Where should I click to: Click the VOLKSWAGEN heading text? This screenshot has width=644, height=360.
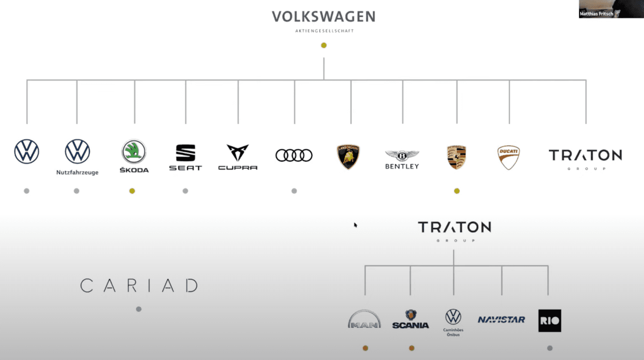324,17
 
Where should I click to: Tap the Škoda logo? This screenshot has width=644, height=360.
134,152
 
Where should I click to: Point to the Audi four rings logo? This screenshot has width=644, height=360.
294,155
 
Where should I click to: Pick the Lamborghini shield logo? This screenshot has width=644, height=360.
348,157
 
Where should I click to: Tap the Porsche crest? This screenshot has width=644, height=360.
456,157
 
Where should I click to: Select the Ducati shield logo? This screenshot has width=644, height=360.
509,157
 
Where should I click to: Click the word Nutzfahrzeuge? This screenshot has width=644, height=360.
77,172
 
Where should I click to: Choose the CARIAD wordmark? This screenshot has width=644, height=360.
139,286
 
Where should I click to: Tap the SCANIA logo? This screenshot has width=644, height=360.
410,320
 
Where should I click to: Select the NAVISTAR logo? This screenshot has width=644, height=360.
501,320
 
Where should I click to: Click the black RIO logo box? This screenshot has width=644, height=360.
550,321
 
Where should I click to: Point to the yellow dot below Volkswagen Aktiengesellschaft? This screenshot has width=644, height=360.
324,45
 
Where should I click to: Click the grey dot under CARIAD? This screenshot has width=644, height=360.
139,309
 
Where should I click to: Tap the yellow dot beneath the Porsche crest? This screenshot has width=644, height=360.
457,191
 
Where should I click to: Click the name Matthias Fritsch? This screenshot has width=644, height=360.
596,14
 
